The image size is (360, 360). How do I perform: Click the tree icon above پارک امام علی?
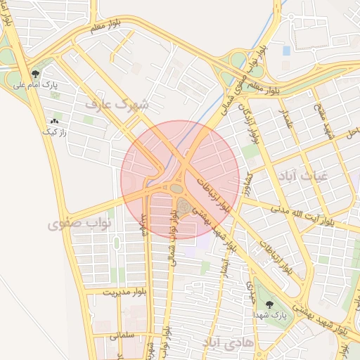(x=35, y=73)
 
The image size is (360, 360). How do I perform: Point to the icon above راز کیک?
(x=55, y=121)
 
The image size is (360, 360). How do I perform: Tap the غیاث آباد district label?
(x=302, y=174)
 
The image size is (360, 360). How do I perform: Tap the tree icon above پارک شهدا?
(x=269, y=305)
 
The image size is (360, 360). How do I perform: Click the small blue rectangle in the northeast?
(x=286, y=51)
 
